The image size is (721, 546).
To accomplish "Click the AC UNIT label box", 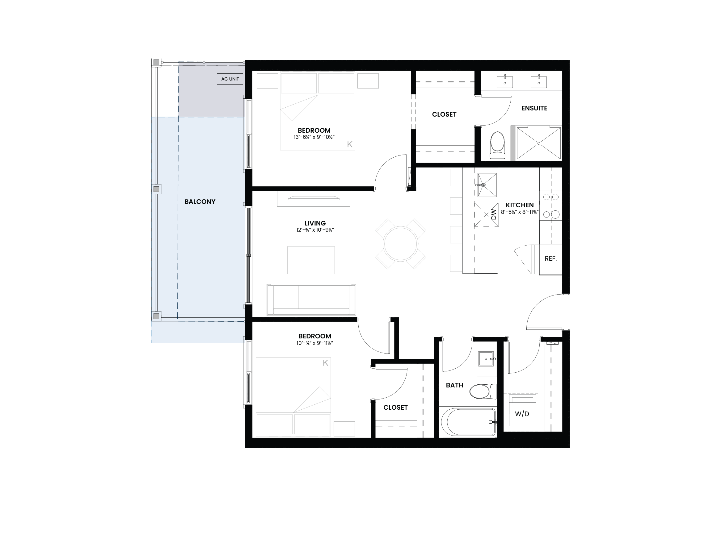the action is click(x=230, y=79).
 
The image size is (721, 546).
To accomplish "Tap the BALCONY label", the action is click(x=200, y=202).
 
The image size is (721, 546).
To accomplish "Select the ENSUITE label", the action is click(x=534, y=108).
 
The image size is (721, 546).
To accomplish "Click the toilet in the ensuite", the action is click(x=497, y=145).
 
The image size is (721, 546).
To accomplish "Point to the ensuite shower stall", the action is click(x=538, y=143).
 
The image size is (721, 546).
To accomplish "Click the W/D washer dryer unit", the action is click(x=522, y=411).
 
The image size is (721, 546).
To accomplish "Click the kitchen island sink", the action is click(x=487, y=185).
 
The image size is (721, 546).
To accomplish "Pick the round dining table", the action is click(x=400, y=244).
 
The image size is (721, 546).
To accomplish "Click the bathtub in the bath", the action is click(x=468, y=422).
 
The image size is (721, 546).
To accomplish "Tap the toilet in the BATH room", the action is click(x=483, y=391).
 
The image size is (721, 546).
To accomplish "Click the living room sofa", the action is click(x=311, y=300).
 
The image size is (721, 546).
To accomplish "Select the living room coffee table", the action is click(x=311, y=260).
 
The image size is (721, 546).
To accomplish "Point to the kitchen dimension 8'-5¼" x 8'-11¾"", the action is click(x=520, y=212).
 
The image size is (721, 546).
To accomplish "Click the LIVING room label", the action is click(x=315, y=223).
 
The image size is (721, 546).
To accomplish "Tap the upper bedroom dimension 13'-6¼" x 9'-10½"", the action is click(x=314, y=137).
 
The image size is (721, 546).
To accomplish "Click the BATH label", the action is click(x=454, y=386).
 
